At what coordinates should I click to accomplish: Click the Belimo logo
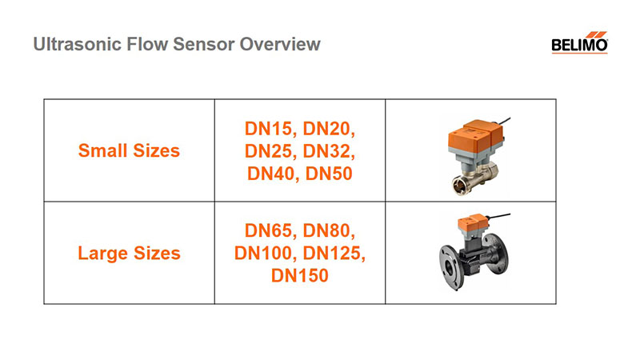(579, 42)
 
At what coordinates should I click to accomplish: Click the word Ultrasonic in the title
(78, 44)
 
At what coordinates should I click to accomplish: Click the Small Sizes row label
(129, 150)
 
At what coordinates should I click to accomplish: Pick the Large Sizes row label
(129, 253)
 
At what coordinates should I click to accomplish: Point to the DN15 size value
(269, 129)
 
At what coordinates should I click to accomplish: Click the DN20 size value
(327, 129)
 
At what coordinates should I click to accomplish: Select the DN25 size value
(269, 151)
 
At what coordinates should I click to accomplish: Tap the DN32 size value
(327, 151)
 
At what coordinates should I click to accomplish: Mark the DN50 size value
(329, 174)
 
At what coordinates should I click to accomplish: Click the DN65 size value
(269, 231)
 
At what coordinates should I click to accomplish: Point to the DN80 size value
(327, 231)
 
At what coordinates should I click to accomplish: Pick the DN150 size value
(300, 276)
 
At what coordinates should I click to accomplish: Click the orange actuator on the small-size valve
(476, 135)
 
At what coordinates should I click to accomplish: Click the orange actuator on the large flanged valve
(471, 223)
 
